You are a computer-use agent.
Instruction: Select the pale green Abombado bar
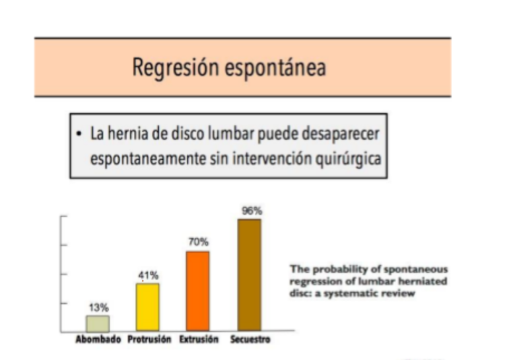coord(98,323)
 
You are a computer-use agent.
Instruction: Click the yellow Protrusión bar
coord(147,306)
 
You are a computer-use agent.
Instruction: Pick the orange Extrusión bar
coord(197,291)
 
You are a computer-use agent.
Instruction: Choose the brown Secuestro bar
coord(249,275)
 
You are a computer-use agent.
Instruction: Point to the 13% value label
coord(99,308)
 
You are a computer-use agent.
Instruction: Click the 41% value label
coord(148,275)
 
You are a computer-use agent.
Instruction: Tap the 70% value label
coord(198,242)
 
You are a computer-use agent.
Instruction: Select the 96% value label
coord(249,211)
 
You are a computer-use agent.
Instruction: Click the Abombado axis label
coord(98,340)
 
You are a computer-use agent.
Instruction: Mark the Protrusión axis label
coord(150,340)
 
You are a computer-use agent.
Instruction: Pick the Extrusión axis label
coord(199,340)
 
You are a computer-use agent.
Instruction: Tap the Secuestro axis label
coord(250,340)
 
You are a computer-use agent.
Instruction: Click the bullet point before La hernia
coord(80,133)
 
